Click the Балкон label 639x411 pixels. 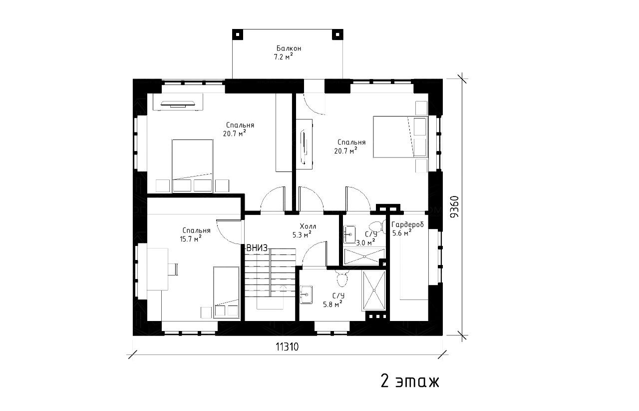click(x=289, y=48)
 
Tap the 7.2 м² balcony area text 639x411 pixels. click(x=284, y=57)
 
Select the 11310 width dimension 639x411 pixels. click(x=287, y=347)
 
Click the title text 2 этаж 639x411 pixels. click(x=410, y=381)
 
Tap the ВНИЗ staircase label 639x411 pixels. click(x=257, y=248)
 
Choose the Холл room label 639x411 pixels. click(x=308, y=226)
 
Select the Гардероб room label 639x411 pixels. click(x=408, y=224)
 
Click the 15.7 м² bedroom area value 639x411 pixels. click(x=191, y=239)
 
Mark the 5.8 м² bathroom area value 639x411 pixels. click(x=332, y=304)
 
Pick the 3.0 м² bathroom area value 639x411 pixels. click(x=365, y=243)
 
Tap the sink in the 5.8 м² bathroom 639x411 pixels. click(x=306, y=294)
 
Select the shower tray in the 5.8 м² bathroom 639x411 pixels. click(x=374, y=290)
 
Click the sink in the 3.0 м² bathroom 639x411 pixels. click(x=349, y=234)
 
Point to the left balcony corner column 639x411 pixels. click(x=238, y=34)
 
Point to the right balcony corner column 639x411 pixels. click(x=337, y=34)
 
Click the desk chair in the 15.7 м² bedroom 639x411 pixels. click(x=172, y=269)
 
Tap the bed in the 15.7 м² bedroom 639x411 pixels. click(x=227, y=292)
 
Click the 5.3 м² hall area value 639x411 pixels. click(x=302, y=235)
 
